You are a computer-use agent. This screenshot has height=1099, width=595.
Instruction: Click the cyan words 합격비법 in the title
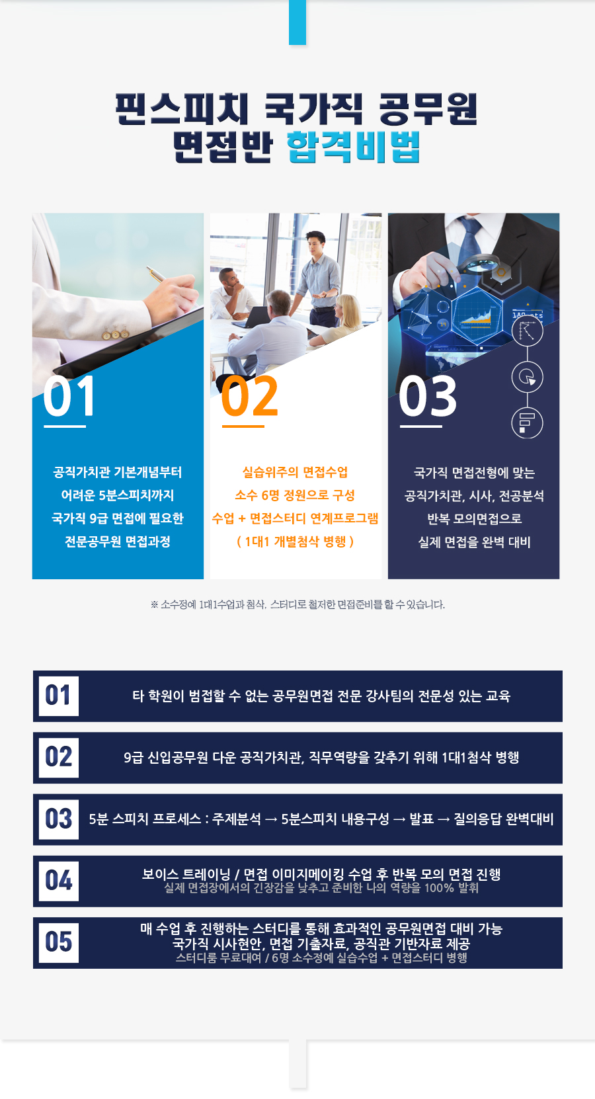coord(353,147)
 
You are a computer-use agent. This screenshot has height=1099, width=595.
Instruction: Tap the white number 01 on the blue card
coord(69,397)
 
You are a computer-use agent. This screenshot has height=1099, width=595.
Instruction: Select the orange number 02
coord(249,397)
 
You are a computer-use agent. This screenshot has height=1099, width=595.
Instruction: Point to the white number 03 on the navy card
coord(428,397)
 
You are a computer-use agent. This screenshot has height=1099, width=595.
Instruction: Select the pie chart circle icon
coord(528,377)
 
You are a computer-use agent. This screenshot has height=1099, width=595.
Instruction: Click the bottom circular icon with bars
coord(528,423)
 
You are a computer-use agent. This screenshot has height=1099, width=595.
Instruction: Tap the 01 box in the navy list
coord(58,696)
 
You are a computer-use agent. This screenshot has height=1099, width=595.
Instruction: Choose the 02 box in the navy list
coord(58,757)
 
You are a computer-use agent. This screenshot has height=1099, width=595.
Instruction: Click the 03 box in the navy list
coord(58,819)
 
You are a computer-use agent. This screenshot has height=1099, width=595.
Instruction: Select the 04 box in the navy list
coord(58,881)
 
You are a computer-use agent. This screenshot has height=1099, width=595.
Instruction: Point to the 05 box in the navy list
coord(58,942)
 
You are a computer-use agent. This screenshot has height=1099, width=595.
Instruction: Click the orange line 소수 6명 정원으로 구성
coord(295,495)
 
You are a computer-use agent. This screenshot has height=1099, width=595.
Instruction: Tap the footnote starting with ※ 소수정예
coord(297,604)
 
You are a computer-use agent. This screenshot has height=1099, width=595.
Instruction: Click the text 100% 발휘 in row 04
coord(452,887)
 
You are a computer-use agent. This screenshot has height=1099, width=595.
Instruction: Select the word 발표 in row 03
coord(421,819)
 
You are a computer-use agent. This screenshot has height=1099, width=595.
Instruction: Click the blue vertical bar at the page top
coord(297,22)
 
